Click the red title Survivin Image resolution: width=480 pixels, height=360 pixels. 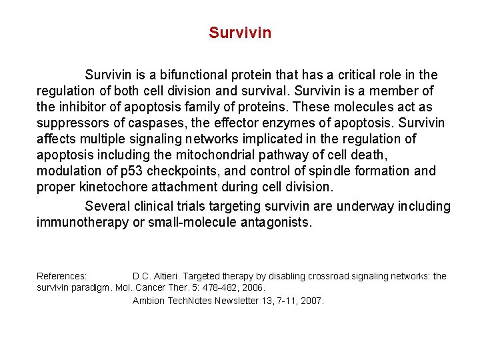[x=239, y=33]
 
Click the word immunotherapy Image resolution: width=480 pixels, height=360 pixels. [x=82, y=222]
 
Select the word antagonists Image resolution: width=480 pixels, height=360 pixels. [x=274, y=222]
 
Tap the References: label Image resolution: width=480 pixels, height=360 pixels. [x=61, y=276]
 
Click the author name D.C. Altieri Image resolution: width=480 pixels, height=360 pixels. [x=155, y=276]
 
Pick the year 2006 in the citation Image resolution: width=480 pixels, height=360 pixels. [x=253, y=287]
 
